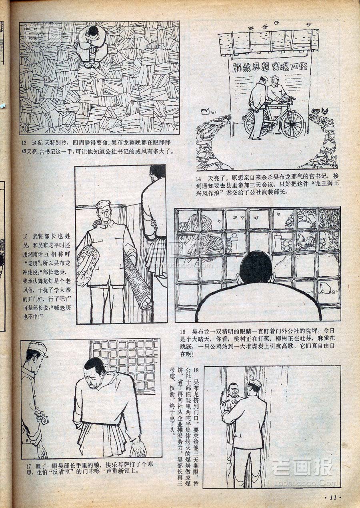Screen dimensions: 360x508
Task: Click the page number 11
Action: point(333,498)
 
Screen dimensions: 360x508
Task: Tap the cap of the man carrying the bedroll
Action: point(103,205)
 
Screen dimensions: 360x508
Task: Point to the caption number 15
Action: point(25,236)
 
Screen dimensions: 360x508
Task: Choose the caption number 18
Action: point(196,371)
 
